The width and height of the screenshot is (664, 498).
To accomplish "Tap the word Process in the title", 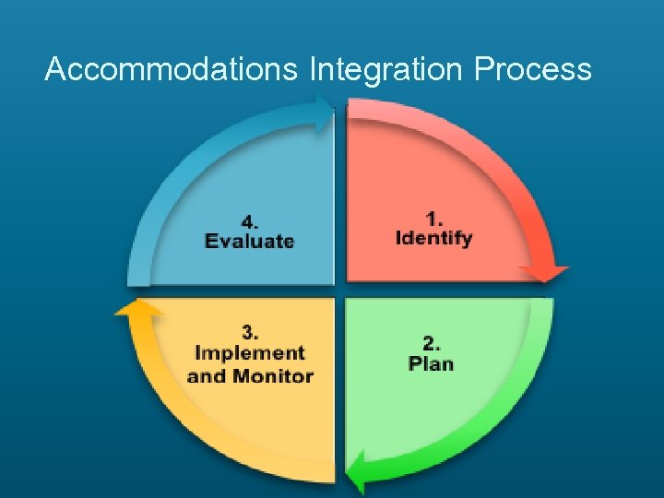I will (533, 69).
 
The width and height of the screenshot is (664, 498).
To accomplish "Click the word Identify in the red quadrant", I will (433, 238).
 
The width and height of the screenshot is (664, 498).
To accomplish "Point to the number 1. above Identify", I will (434, 219).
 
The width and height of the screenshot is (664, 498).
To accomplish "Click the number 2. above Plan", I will (431, 343).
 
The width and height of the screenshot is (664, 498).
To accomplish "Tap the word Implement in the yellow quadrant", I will (250, 352).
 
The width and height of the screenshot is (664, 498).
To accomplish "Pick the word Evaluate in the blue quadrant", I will (250, 242).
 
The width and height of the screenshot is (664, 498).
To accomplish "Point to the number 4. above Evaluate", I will (250, 222).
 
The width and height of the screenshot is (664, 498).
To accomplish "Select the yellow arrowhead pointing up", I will (137, 307).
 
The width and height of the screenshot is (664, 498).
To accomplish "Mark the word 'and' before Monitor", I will (206, 375).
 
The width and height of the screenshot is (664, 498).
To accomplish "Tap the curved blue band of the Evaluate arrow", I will (184, 166).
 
